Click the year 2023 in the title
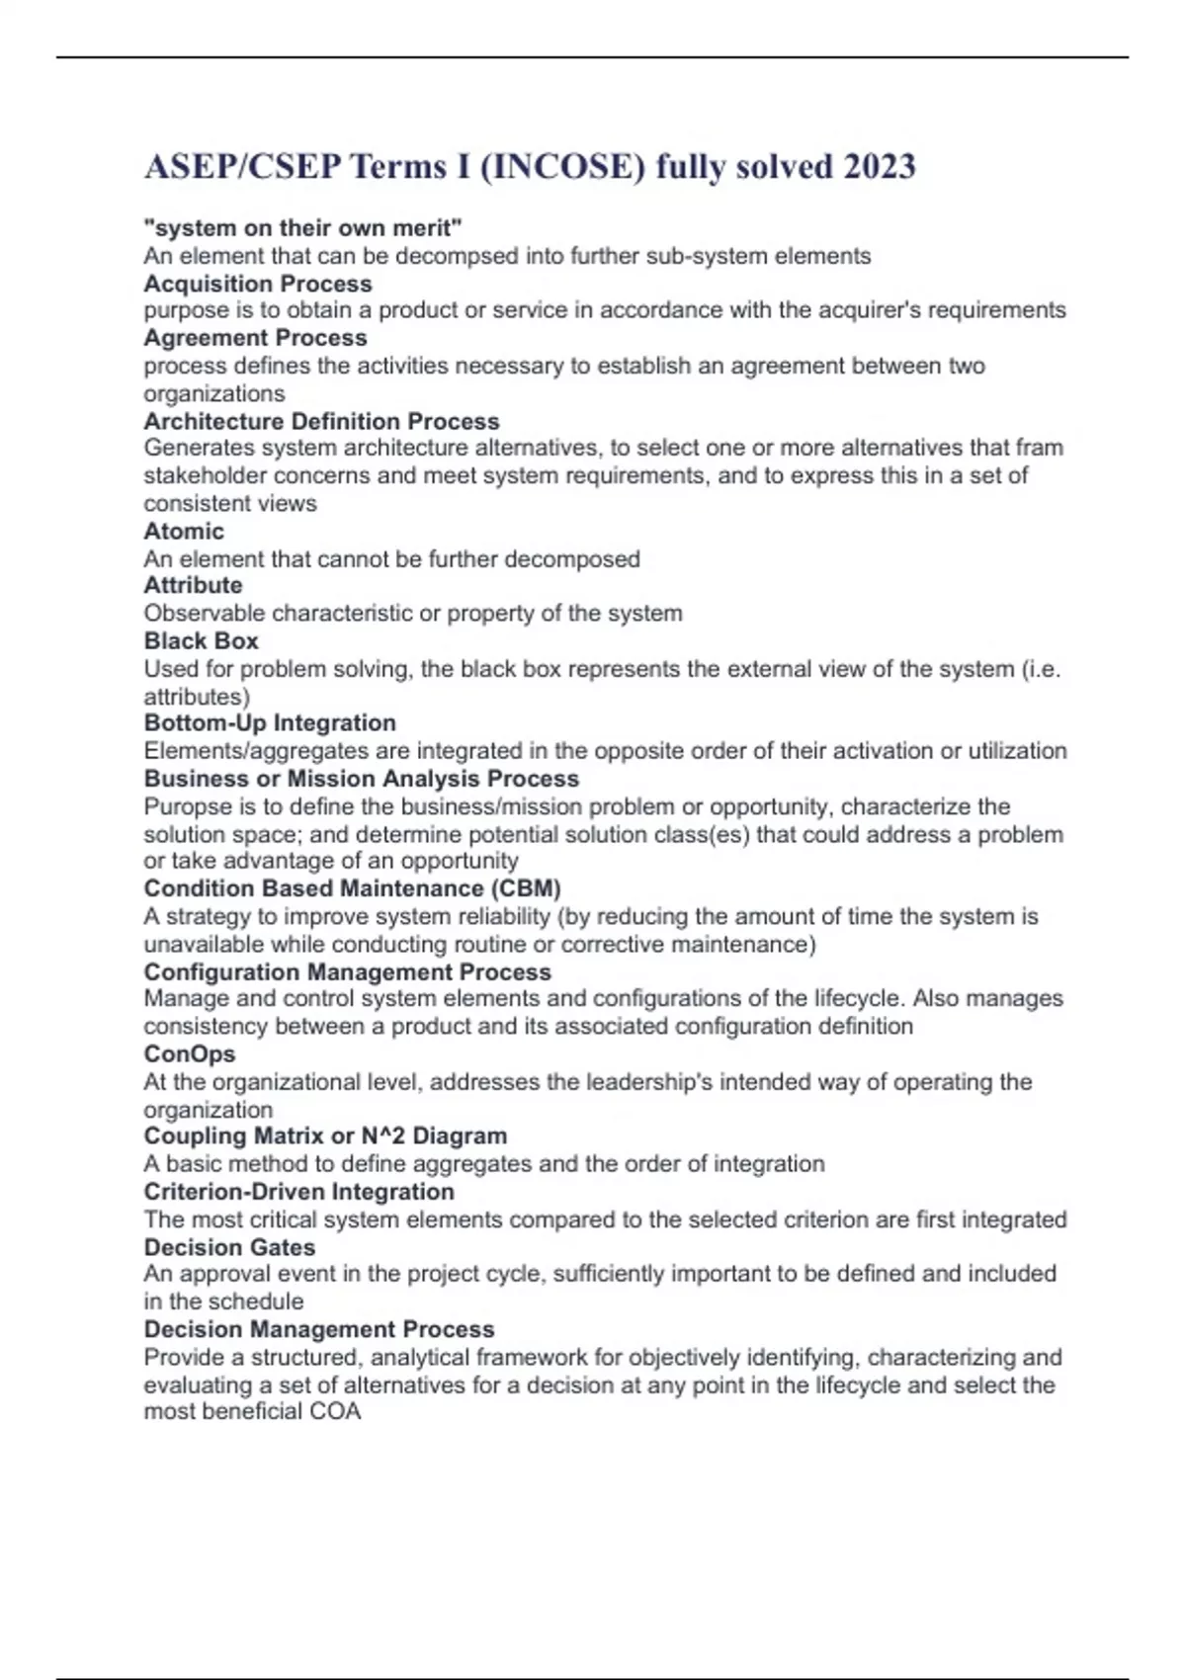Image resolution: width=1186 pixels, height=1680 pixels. pyautogui.click(x=879, y=166)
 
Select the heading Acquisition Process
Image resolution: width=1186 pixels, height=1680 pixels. pyautogui.click(x=258, y=284)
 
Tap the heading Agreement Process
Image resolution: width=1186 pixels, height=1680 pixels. pyautogui.click(x=255, y=338)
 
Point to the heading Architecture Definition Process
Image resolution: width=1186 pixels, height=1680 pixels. pyautogui.click(x=321, y=421)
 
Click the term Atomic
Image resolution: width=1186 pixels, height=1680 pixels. pyautogui.click(x=184, y=531)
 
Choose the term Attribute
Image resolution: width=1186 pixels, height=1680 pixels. pyautogui.click(x=193, y=585)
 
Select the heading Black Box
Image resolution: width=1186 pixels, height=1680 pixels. pyautogui.click(x=201, y=640)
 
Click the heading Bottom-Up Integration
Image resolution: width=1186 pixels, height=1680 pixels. pyautogui.click(x=270, y=722)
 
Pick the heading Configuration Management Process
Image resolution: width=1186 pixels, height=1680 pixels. pyautogui.click(x=347, y=971)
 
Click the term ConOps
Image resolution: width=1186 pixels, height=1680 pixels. pyautogui.click(x=190, y=1053)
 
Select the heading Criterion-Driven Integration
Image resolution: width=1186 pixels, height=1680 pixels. pyautogui.click(x=298, y=1192)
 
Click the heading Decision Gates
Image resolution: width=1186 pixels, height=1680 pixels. pyautogui.click(x=229, y=1247)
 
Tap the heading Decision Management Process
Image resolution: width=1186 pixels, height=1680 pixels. pyautogui.click(x=319, y=1329)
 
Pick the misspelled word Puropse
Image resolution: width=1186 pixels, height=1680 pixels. pyautogui.click(x=184, y=806)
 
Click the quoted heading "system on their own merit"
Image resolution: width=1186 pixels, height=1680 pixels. pyautogui.click(x=302, y=228)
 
